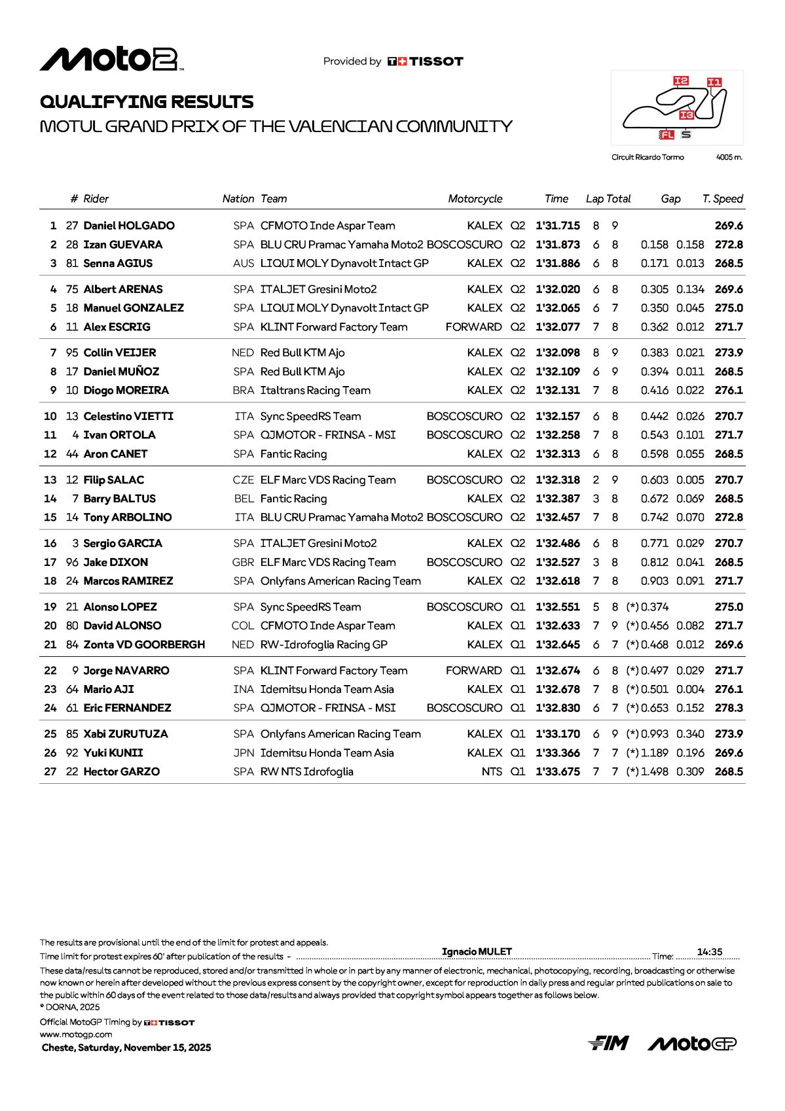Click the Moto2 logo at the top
pos(111,60)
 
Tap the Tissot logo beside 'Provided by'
pos(426,62)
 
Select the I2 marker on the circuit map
pos(681,81)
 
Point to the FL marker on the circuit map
pos(666,135)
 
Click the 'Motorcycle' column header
pos(475,199)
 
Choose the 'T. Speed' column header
pos(722,199)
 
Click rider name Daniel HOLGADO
pos(129,226)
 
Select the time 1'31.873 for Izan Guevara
pos(557,245)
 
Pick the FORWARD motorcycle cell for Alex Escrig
pos(473,327)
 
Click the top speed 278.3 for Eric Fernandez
pos(729,708)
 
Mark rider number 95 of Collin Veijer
pos(72,353)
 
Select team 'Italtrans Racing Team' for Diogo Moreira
pos(315,391)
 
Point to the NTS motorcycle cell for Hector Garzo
pos(492,772)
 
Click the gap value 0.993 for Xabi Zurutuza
pos(655,734)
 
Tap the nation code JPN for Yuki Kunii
pos(244,753)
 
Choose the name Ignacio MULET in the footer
pos(477,952)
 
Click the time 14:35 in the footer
pos(710,952)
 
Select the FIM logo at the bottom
pos(608,1044)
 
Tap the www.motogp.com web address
pos(76,1034)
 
